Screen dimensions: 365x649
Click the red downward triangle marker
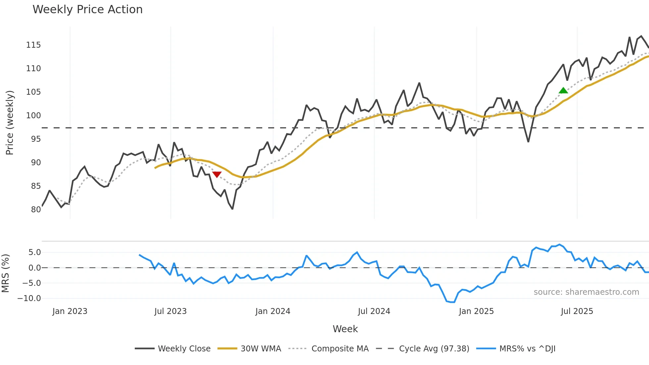[217, 175]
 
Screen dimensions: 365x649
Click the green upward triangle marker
[563, 90]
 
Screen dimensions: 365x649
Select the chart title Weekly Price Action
[87, 9]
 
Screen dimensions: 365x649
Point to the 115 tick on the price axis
[33, 45]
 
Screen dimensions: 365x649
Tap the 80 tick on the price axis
[36, 209]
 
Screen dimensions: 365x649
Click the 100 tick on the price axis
[33, 115]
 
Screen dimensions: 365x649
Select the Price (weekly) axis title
[10, 123]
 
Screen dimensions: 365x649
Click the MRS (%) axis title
[5, 273]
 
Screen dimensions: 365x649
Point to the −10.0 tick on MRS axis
[29, 298]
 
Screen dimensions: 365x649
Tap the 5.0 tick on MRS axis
[34, 252]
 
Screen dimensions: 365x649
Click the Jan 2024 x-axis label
[273, 311]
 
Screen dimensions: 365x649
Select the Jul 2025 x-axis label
[577, 311]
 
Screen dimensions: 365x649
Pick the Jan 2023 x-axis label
[70, 311]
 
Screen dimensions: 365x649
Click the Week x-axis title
[345, 329]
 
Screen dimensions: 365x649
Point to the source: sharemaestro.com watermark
[586, 292]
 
